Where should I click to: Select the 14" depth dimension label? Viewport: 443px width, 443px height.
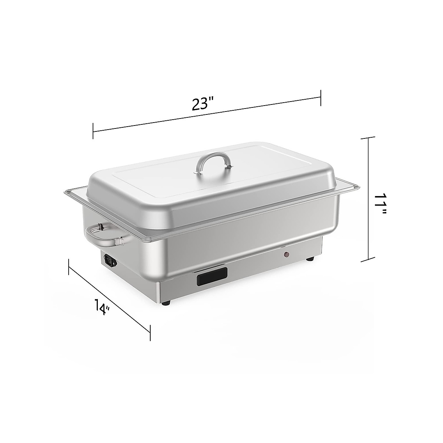102,307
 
